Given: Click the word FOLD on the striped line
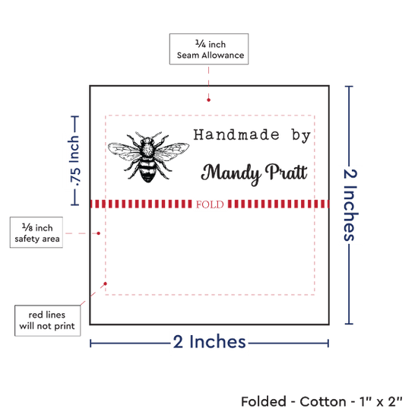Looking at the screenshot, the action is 210,204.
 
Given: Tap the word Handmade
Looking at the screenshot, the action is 236,135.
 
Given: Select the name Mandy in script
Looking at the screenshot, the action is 231,173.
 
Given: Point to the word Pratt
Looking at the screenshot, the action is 287,172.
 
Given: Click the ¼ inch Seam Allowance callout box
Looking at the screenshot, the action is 209,49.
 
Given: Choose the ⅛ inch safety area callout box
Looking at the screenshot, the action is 36,233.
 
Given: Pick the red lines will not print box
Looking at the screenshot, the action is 47,321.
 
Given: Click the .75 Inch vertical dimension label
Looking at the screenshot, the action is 75,161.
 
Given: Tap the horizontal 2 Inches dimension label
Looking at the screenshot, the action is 209,341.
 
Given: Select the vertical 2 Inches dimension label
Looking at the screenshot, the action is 350,205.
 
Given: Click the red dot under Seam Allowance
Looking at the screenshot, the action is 208,100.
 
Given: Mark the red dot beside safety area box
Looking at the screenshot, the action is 98,233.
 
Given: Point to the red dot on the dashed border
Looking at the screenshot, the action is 106,283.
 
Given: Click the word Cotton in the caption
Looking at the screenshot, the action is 323,402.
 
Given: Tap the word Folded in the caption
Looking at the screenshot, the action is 264,402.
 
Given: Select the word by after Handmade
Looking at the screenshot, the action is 301,135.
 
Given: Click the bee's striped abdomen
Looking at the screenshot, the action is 147,171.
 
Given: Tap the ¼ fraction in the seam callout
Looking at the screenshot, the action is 201,43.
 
